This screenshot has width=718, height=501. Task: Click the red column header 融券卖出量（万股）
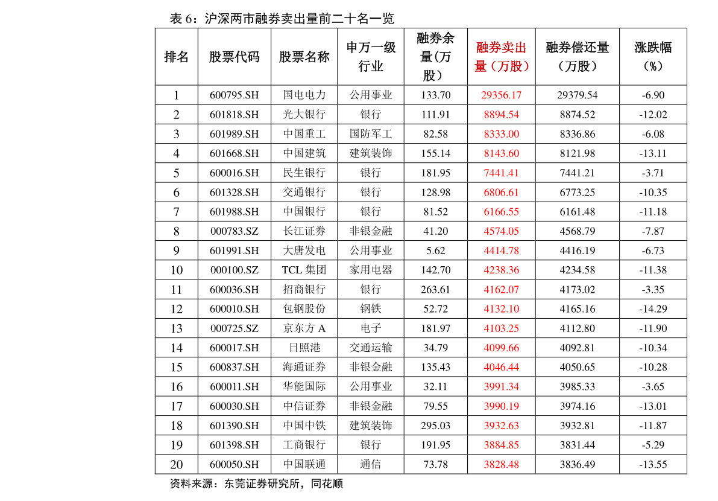502,57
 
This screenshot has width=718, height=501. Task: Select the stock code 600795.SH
234,95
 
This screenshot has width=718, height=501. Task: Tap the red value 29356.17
502,95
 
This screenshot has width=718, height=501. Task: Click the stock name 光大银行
304,115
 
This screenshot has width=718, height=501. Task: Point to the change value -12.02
653,115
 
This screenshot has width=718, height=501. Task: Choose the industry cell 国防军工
371,134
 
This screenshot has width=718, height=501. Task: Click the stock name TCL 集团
304,270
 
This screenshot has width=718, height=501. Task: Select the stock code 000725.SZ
234,328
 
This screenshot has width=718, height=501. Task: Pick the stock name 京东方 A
304,328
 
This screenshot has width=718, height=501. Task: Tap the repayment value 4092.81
577,348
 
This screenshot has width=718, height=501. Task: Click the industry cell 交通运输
371,348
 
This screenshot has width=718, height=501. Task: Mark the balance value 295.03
435,426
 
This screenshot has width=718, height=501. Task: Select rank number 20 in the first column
176,464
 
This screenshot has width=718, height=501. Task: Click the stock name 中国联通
304,464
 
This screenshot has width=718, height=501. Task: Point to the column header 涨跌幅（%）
653,57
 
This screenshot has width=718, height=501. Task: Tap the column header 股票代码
234,57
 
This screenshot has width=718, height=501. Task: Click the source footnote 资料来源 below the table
256,483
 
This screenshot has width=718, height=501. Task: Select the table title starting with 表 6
282,19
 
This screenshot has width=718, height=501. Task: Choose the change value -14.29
653,309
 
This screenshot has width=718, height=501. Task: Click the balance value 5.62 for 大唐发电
435,250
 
